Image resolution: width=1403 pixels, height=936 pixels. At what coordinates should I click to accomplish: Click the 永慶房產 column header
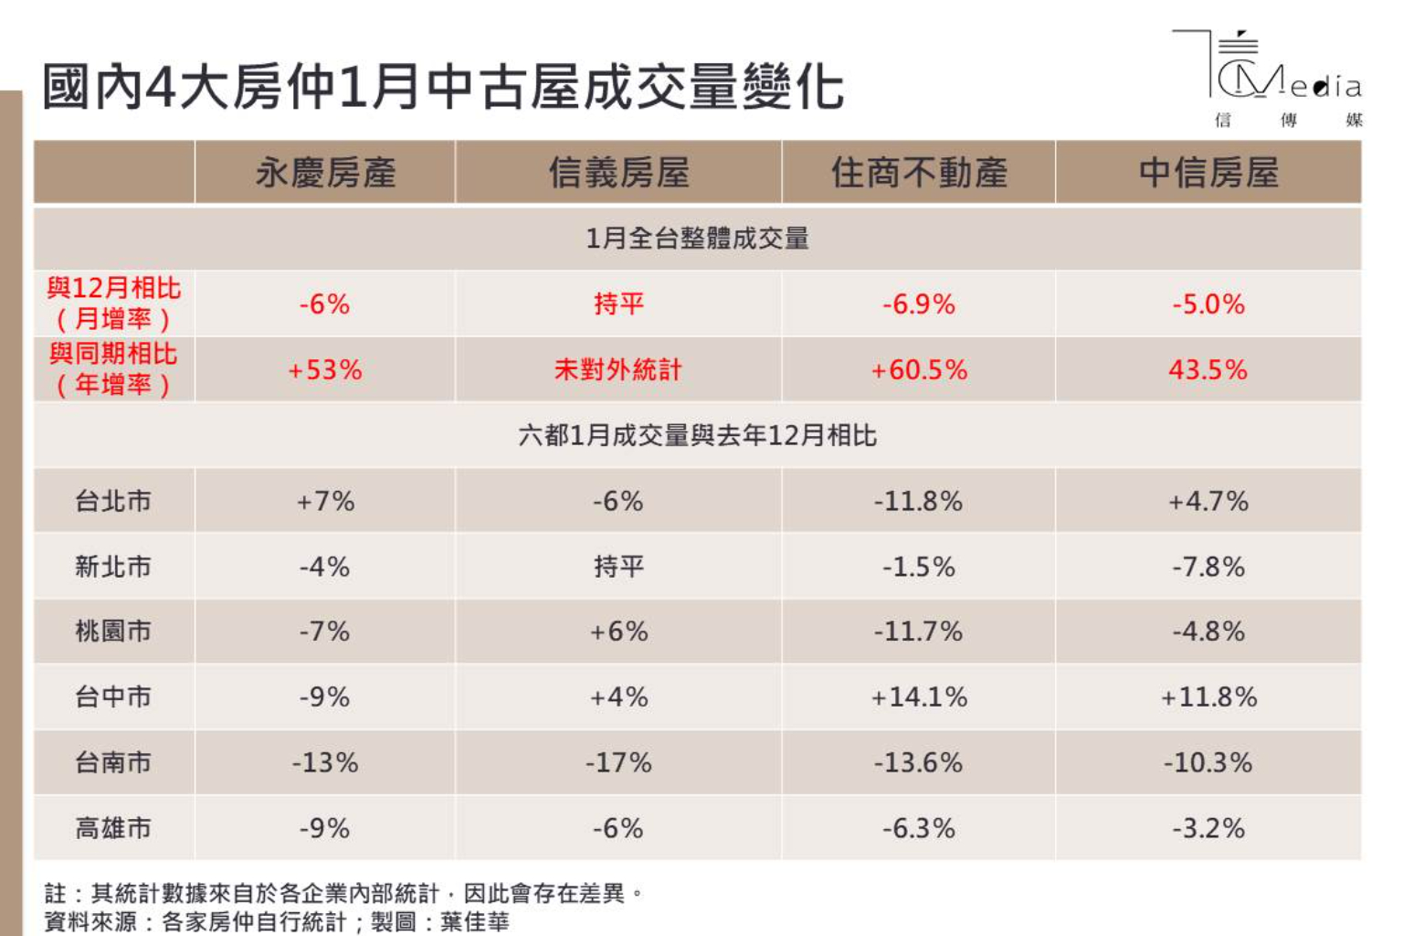coord(325,173)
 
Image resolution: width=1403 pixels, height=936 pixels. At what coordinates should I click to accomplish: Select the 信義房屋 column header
coord(618,173)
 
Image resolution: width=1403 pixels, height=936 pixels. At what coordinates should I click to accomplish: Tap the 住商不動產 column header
coord(919,173)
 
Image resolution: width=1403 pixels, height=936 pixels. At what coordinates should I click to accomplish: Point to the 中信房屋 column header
coord(1208,173)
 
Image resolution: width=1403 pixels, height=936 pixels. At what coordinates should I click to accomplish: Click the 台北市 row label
coord(113,501)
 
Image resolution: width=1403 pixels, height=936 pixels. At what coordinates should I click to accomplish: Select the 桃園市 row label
coord(113,631)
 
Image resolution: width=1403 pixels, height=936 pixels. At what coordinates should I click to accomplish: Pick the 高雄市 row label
coord(113,828)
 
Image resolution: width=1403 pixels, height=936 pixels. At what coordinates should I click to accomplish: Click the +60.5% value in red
coord(919,370)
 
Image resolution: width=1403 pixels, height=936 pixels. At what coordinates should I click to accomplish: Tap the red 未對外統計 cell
coord(618,370)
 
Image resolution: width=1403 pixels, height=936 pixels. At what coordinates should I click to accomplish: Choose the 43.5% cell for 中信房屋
coord(1208,370)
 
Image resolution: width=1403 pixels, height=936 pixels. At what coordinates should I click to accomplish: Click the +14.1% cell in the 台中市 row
coord(919,697)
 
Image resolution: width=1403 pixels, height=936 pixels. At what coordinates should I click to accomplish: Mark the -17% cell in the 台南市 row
coord(618,763)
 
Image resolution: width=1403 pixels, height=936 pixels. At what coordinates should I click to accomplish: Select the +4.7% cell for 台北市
coord(1208,501)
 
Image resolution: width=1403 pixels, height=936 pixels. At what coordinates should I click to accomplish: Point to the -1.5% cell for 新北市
coord(919,567)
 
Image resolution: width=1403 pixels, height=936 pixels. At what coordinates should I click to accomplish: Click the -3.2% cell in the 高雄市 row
coord(1208,829)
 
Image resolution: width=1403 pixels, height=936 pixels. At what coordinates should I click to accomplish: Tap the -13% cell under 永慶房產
coord(325,763)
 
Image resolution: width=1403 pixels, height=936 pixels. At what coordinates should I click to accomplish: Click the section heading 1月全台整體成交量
coord(697,239)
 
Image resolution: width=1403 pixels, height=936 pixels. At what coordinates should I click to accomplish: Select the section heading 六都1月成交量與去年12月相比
coord(697,435)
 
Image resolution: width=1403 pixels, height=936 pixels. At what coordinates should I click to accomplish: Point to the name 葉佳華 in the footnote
coord(475,921)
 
